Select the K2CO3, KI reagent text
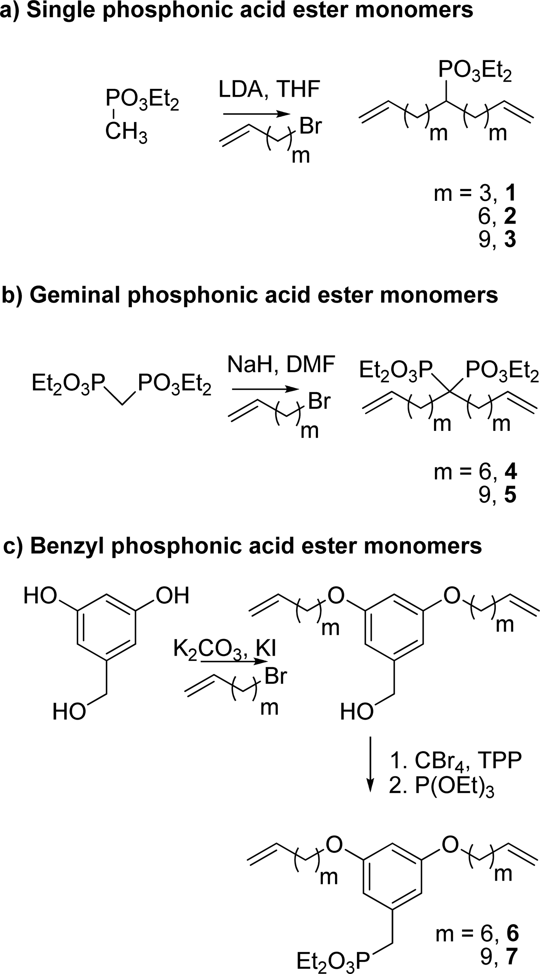[225, 648]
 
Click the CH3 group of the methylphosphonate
[126, 133]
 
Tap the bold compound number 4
[510, 472]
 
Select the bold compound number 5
[510, 496]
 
